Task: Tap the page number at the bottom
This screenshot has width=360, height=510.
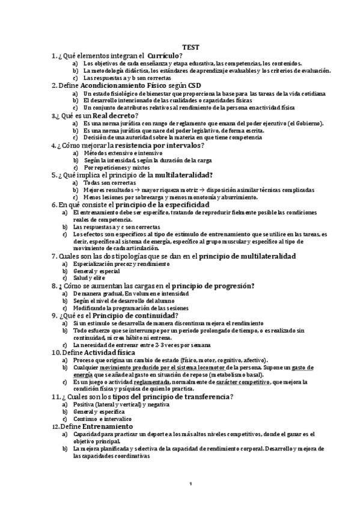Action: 190,484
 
